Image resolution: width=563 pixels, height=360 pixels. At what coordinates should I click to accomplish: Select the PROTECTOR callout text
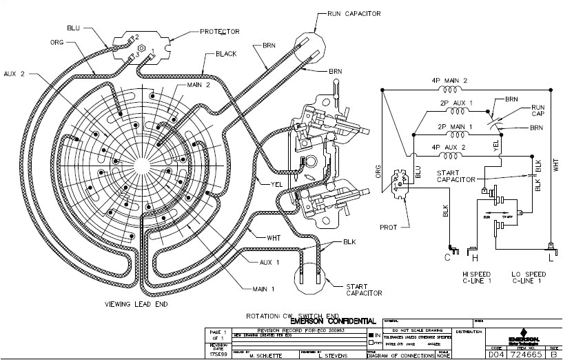219,32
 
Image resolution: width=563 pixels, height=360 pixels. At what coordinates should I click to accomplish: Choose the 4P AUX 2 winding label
452,148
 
